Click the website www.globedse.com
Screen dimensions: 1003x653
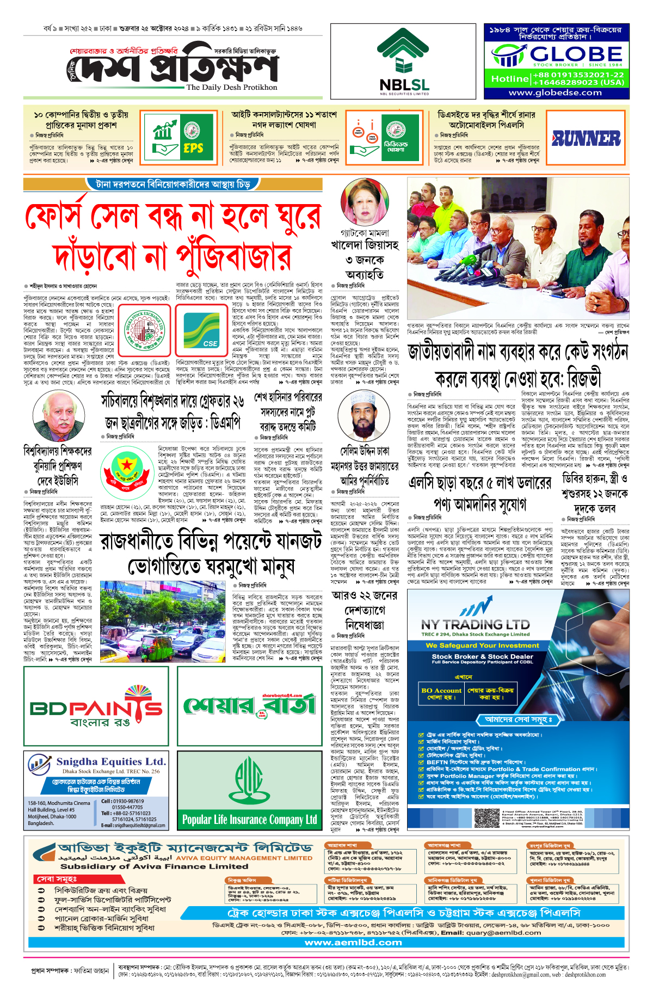tap(555, 93)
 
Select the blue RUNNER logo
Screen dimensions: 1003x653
tap(586, 139)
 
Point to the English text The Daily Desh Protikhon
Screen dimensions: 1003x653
tap(231, 87)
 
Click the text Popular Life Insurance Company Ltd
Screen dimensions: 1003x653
tap(250, 819)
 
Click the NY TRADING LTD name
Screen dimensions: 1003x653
tap(475, 624)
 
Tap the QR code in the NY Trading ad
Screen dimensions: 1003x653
tap(486, 817)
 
